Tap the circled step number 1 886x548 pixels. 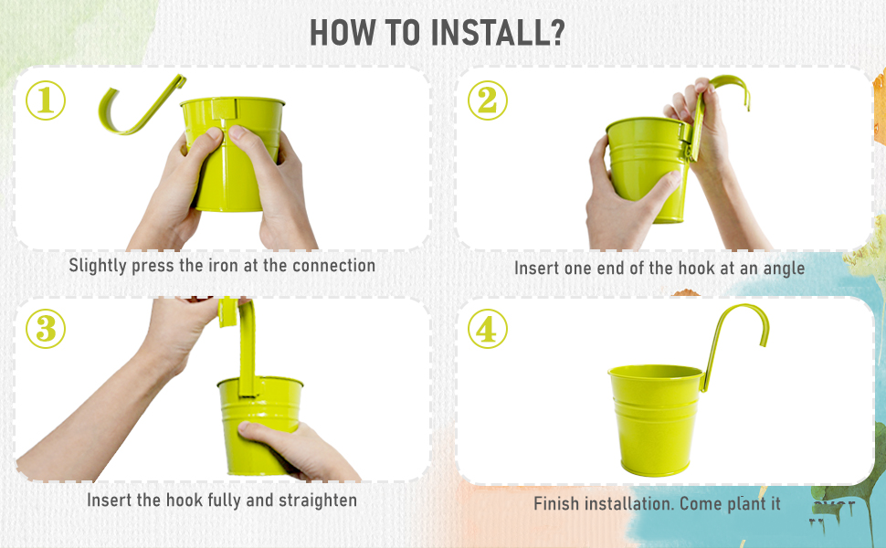click(x=45, y=100)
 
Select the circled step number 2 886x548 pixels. click(x=487, y=100)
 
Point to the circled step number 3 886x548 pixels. click(x=45, y=329)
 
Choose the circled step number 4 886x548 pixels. click(x=487, y=329)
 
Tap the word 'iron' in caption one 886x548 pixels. click(x=208, y=266)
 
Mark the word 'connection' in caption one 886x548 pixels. click(x=334, y=266)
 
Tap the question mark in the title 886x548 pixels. click(x=555, y=32)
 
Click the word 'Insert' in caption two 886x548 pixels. click(x=536, y=269)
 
